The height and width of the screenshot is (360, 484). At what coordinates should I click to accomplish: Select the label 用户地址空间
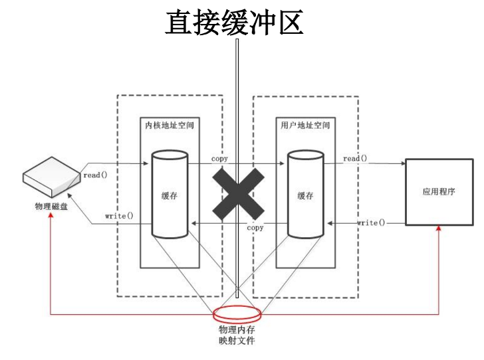(305, 125)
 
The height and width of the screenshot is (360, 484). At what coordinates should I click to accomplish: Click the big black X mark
(237, 194)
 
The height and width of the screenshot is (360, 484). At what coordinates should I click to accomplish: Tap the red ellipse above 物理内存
(236, 312)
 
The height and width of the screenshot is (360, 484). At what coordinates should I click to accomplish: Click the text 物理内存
(236, 329)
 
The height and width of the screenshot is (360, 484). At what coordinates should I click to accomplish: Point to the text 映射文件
(236, 341)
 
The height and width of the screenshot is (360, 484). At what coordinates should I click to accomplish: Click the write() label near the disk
(119, 216)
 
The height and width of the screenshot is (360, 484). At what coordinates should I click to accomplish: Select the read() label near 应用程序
(356, 159)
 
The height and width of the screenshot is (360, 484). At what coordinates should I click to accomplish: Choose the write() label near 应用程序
(370, 223)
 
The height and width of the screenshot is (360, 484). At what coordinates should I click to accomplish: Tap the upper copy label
(220, 159)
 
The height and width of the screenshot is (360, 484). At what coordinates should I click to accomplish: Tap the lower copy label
(255, 228)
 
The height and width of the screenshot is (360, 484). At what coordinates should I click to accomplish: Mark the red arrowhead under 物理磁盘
(51, 217)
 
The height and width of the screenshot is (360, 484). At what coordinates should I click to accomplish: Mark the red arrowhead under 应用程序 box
(439, 228)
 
